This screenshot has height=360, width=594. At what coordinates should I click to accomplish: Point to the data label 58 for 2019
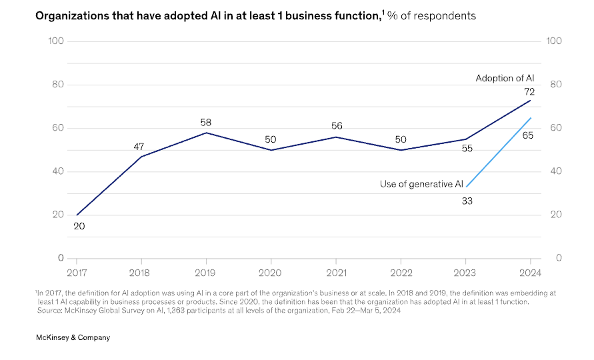[205, 123]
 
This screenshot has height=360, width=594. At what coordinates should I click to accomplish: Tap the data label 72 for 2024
[529, 91]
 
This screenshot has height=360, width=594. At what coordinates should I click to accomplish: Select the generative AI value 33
[467, 201]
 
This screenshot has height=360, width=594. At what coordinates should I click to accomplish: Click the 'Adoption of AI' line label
[505, 78]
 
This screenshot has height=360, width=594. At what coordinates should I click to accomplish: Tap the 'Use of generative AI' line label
[421, 184]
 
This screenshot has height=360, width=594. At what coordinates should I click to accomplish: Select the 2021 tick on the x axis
[335, 273]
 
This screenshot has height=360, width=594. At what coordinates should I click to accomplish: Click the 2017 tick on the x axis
[77, 273]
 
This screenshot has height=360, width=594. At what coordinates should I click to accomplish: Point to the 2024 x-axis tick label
[530, 273]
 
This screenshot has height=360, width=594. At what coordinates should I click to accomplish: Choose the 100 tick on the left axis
[56, 41]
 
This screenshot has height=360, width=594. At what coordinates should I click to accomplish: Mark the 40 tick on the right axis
[554, 171]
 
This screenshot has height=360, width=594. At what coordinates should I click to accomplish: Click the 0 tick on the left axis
[61, 258]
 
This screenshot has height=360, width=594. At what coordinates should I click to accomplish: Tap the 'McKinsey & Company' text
[73, 337]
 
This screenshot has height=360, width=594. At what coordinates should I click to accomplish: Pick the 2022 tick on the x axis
[401, 273]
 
